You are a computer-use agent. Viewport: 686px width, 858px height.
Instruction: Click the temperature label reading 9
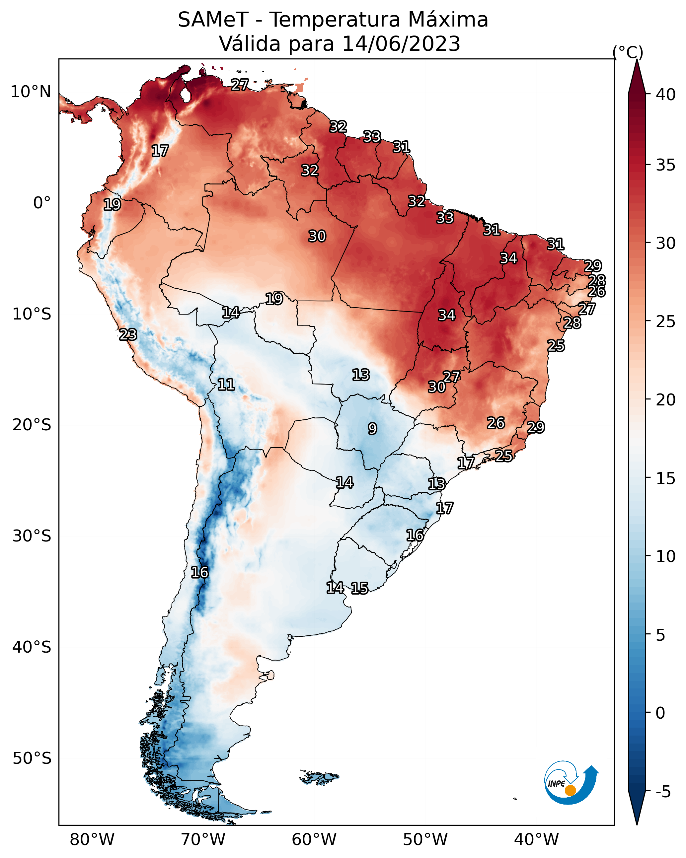(x=372, y=429)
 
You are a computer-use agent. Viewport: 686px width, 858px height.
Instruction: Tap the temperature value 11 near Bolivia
(x=226, y=385)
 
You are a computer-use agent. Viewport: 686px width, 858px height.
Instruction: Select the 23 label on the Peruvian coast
(x=128, y=335)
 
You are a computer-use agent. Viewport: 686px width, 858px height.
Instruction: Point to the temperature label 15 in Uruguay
(x=359, y=588)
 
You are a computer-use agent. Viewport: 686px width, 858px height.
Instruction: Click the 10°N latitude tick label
(x=31, y=92)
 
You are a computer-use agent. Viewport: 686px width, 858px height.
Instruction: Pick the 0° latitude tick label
(x=42, y=203)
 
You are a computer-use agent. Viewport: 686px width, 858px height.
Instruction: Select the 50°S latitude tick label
(x=32, y=758)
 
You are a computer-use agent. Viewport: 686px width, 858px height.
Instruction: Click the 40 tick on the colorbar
(x=666, y=95)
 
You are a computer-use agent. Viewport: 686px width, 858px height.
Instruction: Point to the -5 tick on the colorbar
(x=663, y=792)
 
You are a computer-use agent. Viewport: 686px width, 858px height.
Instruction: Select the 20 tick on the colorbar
(x=666, y=399)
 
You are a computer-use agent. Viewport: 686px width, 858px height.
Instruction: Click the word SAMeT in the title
(x=213, y=20)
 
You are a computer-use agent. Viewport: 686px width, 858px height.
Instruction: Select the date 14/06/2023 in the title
(x=401, y=44)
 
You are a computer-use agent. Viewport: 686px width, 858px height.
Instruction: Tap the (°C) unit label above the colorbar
(x=628, y=52)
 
